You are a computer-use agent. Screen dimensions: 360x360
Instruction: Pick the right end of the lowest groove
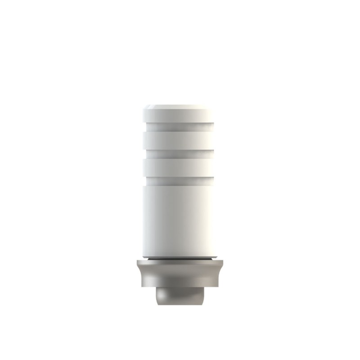click(x=212, y=181)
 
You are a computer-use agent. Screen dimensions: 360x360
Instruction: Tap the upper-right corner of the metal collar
click(x=223, y=261)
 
